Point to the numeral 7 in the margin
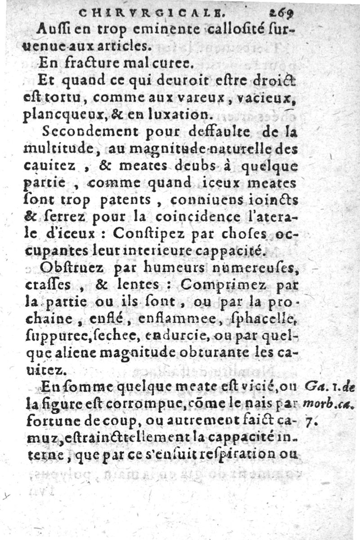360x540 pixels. pos(309,422)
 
